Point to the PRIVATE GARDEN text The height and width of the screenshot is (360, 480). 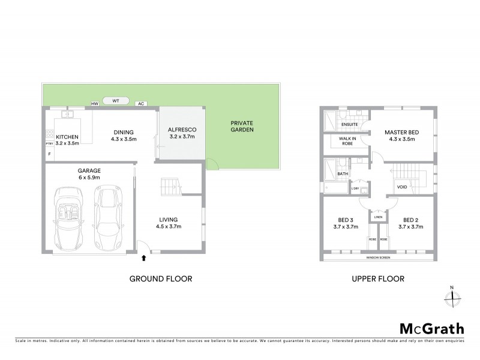click(x=242, y=126)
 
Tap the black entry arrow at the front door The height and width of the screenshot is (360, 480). click(x=143, y=259)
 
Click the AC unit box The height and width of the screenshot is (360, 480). click(x=141, y=104)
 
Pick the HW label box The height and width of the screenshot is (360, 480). click(x=94, y=104)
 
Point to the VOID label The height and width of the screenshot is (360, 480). click(x=402, y=187)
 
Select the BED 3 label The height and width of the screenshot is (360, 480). click(x=345, y=223)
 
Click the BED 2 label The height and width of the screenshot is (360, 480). click(x=411, y=223)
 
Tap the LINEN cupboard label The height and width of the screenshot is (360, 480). click(x=378, y=218)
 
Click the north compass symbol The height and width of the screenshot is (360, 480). click(x=454, y=296)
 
